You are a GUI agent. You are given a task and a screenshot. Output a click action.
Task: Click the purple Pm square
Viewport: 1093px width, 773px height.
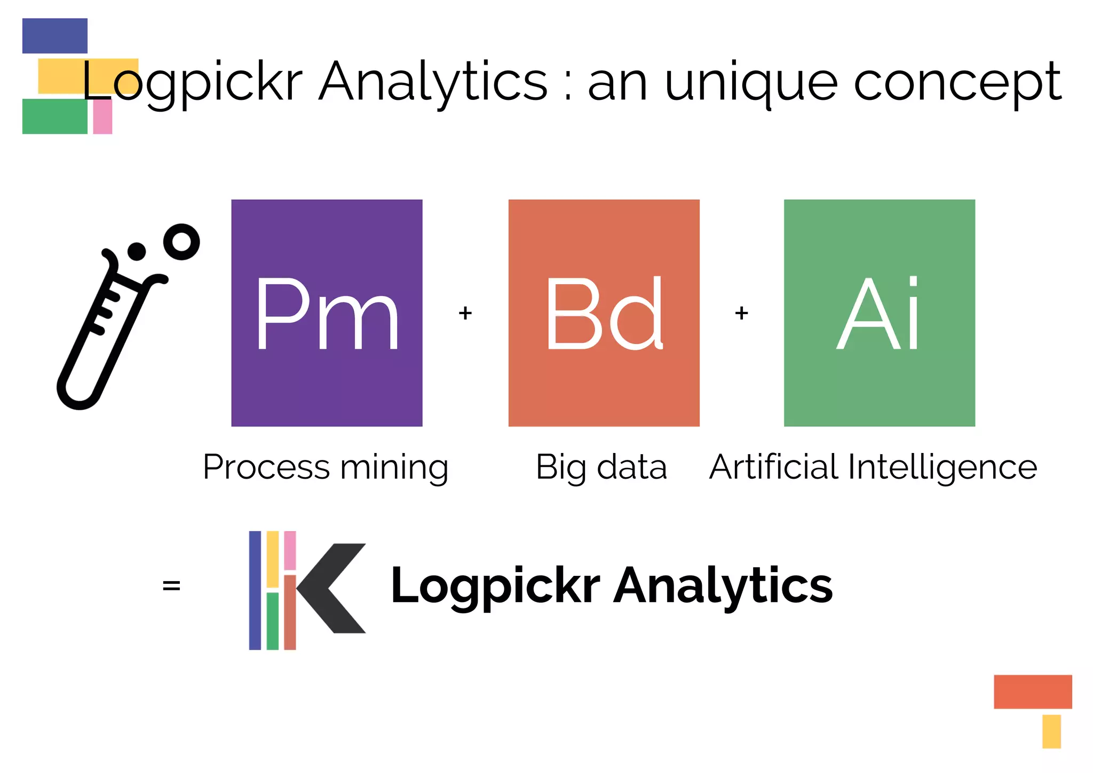(x=327, y=313)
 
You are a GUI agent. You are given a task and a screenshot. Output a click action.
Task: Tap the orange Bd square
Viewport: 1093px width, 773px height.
(x=604, y=313)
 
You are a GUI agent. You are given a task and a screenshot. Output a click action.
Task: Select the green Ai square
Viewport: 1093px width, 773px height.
(x=879, y=313)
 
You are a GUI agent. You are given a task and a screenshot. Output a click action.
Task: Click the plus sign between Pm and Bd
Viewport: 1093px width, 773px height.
(x=465, y=313)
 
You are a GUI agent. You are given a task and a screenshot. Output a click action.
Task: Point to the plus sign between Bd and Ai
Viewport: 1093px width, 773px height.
(x=741, y=313)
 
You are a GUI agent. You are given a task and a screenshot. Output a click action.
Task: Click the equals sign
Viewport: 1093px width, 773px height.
(x=171, y=585)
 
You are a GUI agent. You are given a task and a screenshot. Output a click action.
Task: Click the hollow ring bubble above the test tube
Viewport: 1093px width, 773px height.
(x=181, y=241)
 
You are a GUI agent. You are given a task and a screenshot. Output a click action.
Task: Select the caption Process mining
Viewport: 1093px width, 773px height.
(x=326, y=467)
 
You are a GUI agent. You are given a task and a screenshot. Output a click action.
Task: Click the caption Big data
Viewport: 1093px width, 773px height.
(x=601, y=467)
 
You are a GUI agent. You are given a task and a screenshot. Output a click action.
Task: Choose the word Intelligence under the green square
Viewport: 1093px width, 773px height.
(x=942, y=467)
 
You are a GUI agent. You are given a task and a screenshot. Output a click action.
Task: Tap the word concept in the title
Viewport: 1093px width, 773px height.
(x=958, y=83)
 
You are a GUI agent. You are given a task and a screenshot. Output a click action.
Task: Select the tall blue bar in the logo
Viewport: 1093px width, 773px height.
(x=255, y=590)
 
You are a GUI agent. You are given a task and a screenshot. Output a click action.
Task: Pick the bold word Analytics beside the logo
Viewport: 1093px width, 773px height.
(x=723, y=586)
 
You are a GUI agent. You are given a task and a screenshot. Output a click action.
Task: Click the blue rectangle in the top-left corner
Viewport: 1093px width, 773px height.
(x=54, y=36)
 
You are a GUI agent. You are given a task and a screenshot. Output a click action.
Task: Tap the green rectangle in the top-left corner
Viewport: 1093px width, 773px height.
(x=54, y=116)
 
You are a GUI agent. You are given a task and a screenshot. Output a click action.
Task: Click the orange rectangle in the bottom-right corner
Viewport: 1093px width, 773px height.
(x=1033, y=692)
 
